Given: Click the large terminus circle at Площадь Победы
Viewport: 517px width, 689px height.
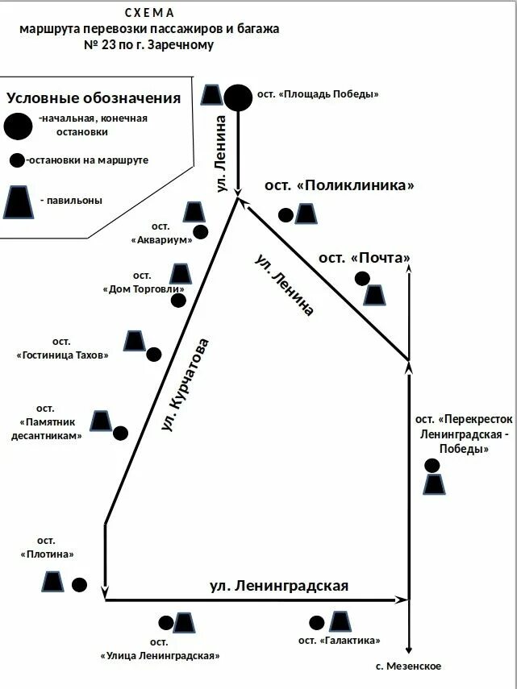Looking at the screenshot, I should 238,98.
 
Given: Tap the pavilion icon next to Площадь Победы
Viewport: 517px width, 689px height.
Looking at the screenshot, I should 212,95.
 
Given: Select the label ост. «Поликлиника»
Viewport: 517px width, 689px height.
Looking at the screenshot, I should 339,185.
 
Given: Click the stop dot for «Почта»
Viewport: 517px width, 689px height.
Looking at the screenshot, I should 363,279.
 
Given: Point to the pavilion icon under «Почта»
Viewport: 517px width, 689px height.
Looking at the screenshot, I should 373,295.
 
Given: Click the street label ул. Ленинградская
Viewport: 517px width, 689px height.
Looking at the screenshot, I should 279,586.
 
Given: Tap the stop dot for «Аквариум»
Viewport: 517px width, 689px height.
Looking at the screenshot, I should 201,232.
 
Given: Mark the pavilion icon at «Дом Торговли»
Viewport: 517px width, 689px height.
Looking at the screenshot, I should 180,274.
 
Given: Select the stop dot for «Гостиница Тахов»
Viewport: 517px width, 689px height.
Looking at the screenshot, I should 154,354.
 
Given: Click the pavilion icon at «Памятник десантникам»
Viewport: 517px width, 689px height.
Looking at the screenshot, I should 101,421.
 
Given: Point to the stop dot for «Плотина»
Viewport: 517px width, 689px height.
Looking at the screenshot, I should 79,585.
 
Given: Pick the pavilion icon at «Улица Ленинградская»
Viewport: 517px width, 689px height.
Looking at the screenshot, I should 184,623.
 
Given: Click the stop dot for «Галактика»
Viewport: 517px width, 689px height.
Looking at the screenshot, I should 317,622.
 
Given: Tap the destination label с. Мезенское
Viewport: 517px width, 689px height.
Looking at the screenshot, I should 409,666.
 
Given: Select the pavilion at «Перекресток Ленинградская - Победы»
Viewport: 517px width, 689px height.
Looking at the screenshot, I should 435,484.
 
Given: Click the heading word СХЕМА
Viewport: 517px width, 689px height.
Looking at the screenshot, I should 149,14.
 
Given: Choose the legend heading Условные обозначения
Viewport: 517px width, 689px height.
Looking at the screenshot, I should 94,98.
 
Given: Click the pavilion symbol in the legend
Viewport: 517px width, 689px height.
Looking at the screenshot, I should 19,201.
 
